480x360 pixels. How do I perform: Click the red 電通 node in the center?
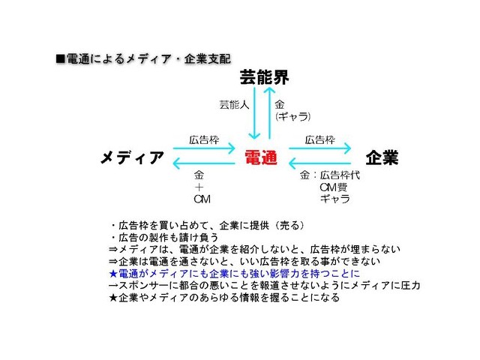261,157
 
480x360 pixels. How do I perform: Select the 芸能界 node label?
264,77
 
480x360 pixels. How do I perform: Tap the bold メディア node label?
132,157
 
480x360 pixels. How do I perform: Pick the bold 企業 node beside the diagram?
382,157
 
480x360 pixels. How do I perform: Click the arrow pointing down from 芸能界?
254,113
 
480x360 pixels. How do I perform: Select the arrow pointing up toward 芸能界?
270,113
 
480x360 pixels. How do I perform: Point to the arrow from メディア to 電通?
204,148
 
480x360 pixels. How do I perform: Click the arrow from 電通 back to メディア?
204,163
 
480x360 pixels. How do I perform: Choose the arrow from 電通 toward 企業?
320,148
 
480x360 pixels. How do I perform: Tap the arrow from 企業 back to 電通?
320,163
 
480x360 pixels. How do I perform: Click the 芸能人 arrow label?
234,105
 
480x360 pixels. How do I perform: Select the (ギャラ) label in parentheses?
293,117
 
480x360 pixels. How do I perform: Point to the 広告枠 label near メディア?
204,140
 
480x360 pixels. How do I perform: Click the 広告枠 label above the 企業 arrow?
320,140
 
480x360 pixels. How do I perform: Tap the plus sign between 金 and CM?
199,187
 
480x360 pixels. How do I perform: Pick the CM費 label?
333,187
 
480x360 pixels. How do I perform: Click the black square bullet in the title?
61,58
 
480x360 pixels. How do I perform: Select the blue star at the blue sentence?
113,273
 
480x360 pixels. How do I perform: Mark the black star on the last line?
113,297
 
